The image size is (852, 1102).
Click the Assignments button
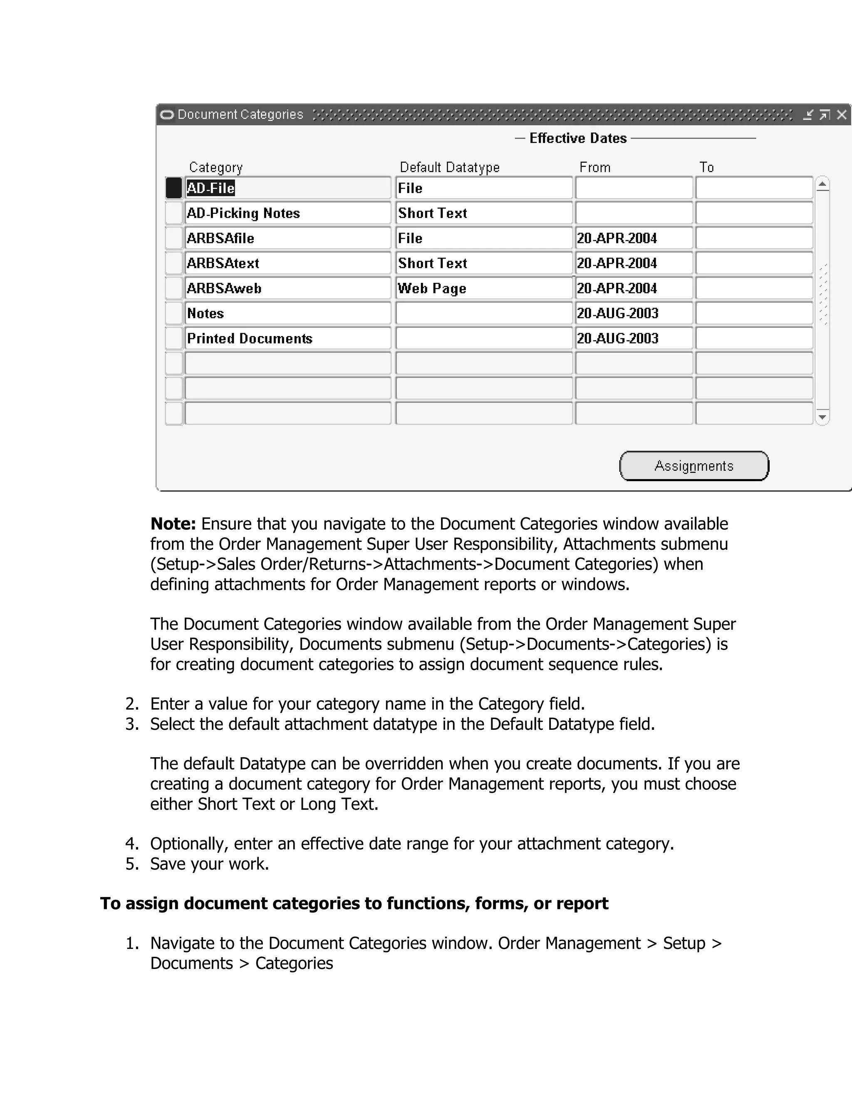(694, 466)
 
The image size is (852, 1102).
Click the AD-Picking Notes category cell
(288, 213)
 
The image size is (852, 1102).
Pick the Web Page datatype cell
(483, 288)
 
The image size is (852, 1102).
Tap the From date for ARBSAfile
(634, 238)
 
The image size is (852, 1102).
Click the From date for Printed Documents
(634, 338)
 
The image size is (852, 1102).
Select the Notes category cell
(288, 314)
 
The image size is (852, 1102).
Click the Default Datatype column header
(449, 167)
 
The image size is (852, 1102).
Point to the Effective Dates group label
(577, 138)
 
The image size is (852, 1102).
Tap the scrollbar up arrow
(822, 184)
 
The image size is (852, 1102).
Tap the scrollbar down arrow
(822, 417)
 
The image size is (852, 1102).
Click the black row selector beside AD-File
(173, 188)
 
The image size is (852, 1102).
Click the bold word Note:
(173, 524)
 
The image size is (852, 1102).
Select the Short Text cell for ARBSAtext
(483, 263)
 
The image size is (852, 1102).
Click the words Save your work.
(210, 864)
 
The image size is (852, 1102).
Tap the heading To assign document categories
(353, 903)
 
